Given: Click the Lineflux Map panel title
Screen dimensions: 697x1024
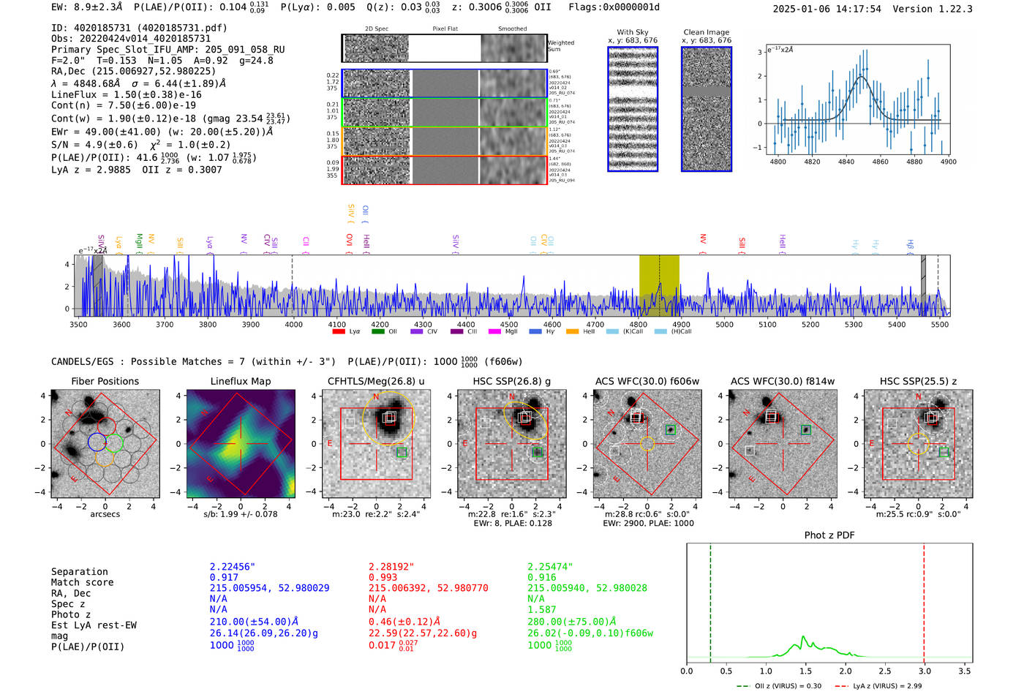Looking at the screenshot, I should (x=240, y=381).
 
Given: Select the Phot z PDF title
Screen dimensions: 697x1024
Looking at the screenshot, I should (x=829, y=535).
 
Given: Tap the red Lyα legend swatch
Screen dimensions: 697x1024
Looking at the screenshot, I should (x=339, y=331).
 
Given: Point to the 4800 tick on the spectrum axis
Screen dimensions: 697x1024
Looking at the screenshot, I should (x=639, y=324).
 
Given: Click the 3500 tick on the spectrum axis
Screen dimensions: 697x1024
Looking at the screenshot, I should (x=78, y=324).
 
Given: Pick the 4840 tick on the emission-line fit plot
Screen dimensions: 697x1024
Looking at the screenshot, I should (x=846, y=162).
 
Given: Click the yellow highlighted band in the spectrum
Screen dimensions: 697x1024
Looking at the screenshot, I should (x=659, y=285).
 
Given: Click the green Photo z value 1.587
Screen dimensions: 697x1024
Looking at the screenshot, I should (x=542, y=609).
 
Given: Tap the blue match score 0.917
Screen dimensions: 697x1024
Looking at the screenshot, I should (x=224, y=577).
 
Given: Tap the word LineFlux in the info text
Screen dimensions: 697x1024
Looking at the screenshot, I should (x=74, y=94).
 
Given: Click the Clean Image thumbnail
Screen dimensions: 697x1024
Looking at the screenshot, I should (x=707, y=110).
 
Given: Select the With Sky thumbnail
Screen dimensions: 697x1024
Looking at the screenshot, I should (x=633, y=110).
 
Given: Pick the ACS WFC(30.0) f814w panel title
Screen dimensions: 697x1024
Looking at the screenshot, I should (x=782, y=381).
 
